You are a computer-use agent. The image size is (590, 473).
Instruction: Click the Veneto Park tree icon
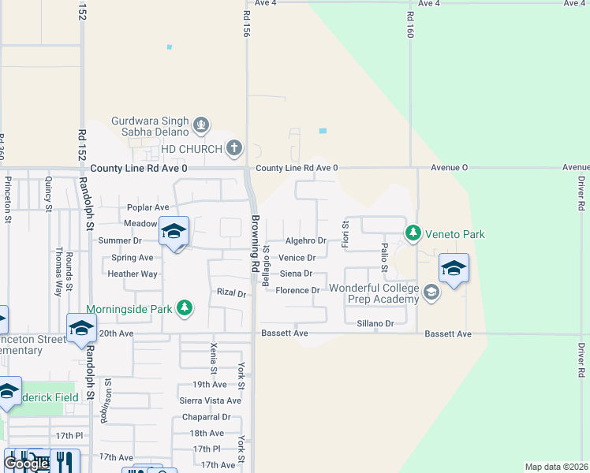pyautogui.click(x=413, y=233)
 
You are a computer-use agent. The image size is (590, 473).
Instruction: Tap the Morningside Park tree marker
pyautogui.click(x=185, y=307)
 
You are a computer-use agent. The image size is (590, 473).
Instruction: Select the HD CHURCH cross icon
pyautogui.click(x=233, y=147)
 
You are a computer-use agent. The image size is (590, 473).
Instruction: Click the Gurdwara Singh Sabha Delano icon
pyautogui.click(x=201, y=125)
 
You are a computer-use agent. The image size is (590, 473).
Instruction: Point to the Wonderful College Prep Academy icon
pyautogui.click(x=431, y=293)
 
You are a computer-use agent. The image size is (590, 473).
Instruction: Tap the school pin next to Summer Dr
pyautogui.click(x=174, y=232)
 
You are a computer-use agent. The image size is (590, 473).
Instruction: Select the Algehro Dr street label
pyautogui.click(x=305, y=240)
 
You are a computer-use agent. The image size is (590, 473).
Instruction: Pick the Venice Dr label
pyautogui.click(x=297, y=258)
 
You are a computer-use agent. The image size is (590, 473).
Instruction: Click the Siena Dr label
pyautogui.click(x=296, y=274)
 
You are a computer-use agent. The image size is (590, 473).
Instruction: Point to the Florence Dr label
pyautogui.click(x=297, y=290)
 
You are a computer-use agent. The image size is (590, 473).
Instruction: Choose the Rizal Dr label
pyautogui.click(x=232, y=293)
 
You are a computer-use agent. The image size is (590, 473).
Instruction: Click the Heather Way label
pyautogui.click(x=133, y=274)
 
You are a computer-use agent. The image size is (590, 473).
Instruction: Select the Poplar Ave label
pyautogui.click(x=148, y=208)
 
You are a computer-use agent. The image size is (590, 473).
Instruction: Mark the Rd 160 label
pyautogui.click(x=410, y=25)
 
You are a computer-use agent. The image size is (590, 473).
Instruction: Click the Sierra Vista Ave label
pyautogui.click(x=211, y=400)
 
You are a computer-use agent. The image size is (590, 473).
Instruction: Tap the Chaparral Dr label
pyautogui.click(x=205, y=417)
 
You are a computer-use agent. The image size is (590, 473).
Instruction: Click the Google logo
pyautogui.click(x=26, y=464)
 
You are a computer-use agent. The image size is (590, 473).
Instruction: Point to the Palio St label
pyautogui.click(x=384, y=257)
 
